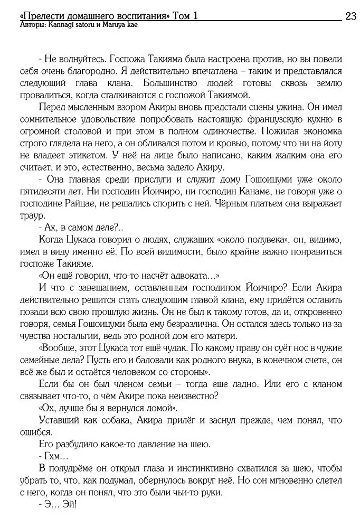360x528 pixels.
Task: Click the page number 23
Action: click(350, 16)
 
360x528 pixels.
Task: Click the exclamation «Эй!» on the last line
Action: click(68, 505)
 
